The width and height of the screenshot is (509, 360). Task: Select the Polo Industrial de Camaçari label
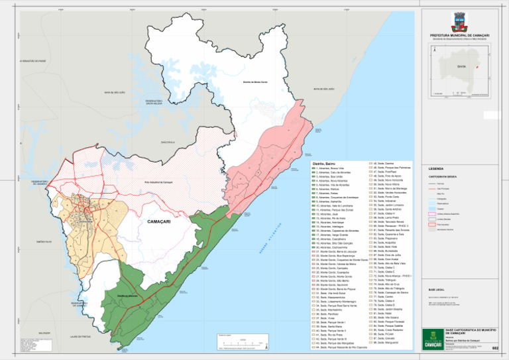158,182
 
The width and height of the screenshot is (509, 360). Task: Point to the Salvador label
44,331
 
